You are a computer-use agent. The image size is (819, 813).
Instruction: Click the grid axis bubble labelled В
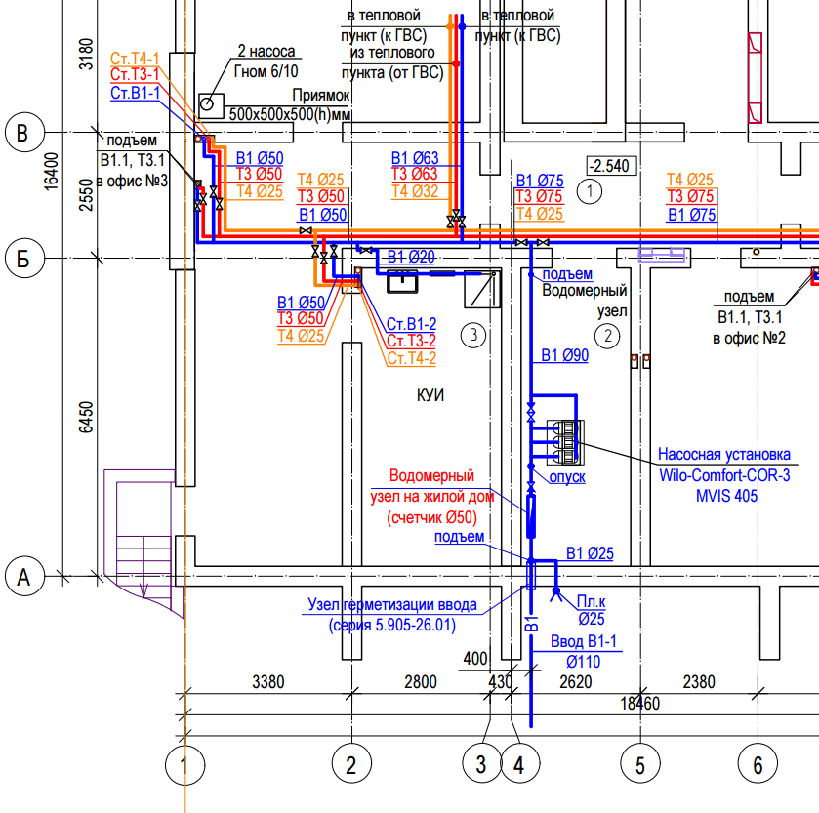(x=24, y=132)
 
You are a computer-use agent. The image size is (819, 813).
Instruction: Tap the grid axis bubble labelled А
(x=24, y=578)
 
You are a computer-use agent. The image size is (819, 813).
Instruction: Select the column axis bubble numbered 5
(x=640, y=764)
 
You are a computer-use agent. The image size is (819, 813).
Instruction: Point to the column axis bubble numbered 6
(x=758, y=764)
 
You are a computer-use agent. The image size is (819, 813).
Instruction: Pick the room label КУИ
(x=430, y=395)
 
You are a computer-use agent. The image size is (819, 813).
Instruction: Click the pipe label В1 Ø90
(x=564, y=355)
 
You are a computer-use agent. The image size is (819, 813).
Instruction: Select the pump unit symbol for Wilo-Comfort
(x=565, y=442)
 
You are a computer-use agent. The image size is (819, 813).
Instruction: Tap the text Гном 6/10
(x=266, y=71)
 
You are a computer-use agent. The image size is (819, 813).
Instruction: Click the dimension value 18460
(x=639, y=704)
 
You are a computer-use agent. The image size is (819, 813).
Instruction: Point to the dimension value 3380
(x=267, y=682)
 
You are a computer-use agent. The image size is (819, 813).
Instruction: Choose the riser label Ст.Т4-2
(x=412, y=358)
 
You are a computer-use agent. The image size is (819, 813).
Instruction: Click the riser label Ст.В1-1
(x=135, y=93)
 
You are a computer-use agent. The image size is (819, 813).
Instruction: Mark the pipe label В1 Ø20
(x=411, y=257)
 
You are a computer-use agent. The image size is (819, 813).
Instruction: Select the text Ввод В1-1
(x=584, y=641)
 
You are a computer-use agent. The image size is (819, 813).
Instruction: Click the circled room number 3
(x=473, y=335)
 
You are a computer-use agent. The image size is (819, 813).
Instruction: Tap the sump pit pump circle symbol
(x=207, y=103)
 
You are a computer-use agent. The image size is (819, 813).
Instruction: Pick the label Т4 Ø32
(x=415, y=191)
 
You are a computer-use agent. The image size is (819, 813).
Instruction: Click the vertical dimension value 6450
(x=86, y=417)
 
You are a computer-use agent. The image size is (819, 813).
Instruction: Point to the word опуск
(x=567, y=476)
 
